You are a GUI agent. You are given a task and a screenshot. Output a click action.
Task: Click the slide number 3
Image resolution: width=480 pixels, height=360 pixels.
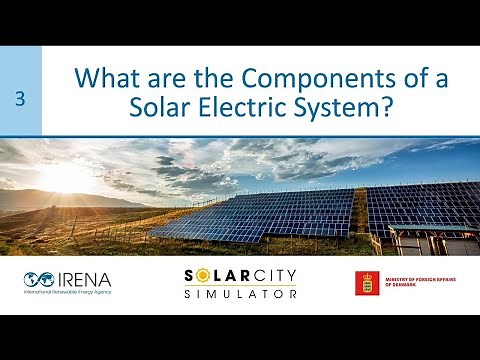pos(21,98)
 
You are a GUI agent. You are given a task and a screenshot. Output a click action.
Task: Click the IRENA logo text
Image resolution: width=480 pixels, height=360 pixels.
pos(85,279)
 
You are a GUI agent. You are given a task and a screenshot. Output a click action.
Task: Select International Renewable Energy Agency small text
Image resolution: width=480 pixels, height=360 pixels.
pos(67,292)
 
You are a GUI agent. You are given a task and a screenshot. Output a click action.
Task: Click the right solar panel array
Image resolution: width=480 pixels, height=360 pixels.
pos(420,205)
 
